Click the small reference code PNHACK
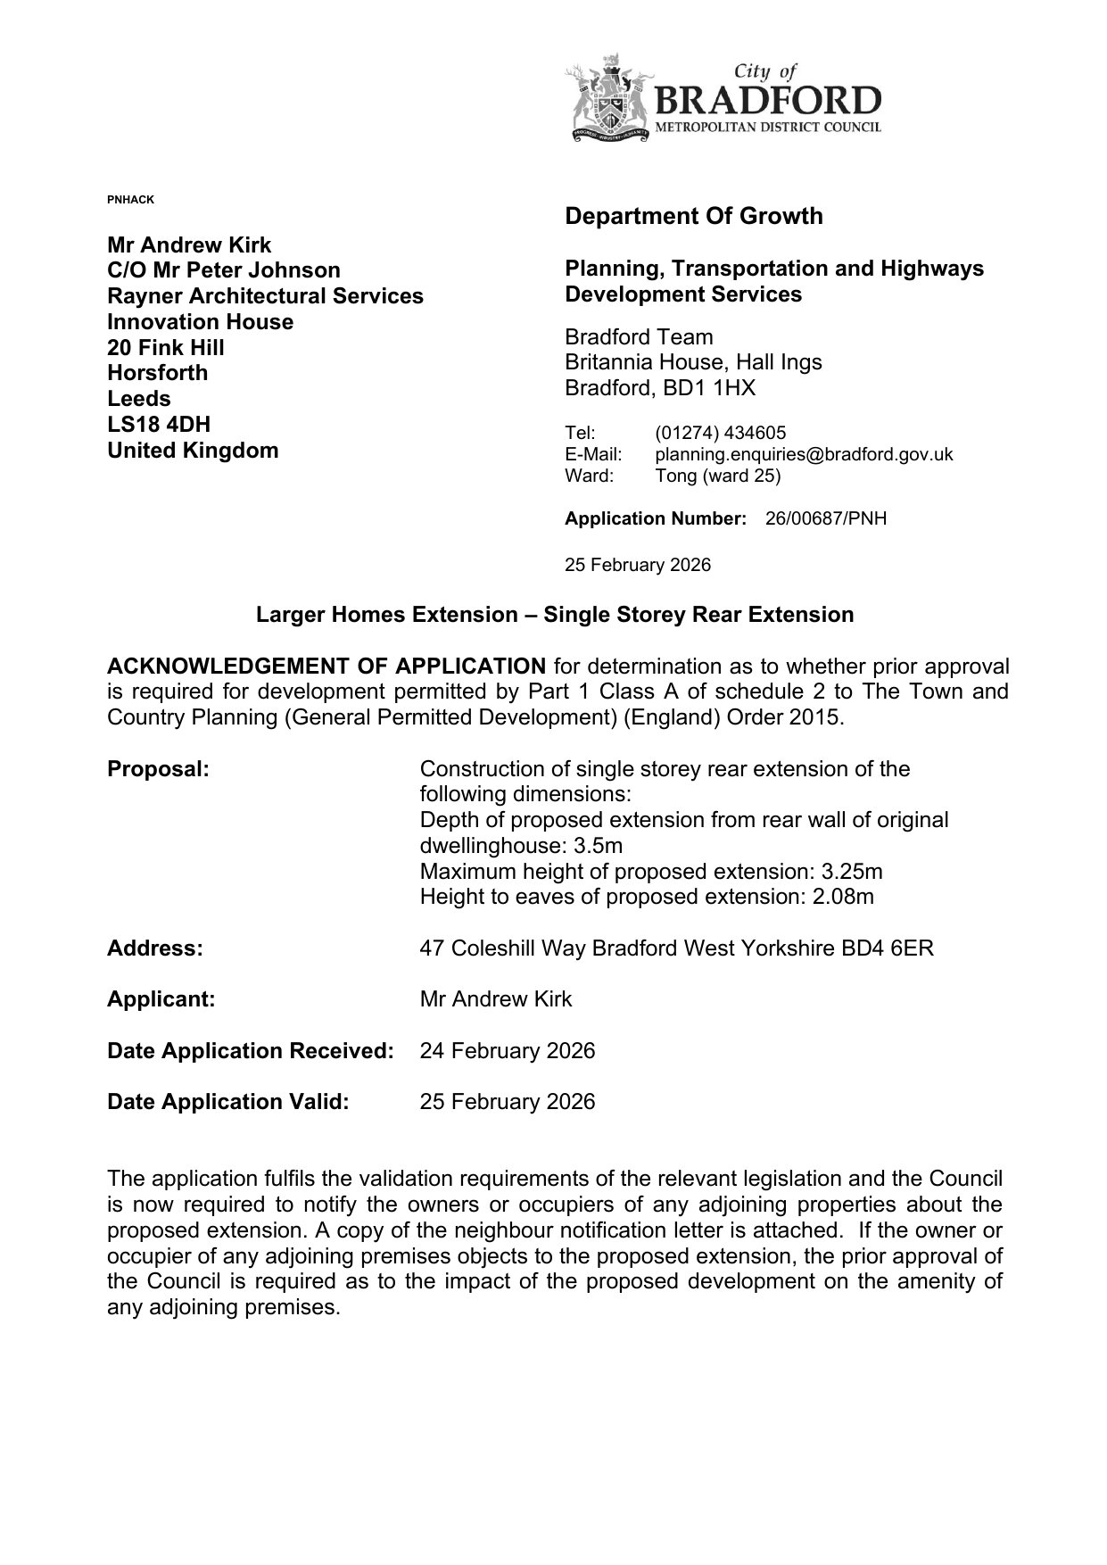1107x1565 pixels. point(130,199)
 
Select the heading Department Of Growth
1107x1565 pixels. point(694,216)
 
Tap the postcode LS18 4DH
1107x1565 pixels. point(159,424)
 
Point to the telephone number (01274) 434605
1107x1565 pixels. point(721,433)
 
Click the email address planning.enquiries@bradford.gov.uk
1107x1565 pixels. point(804,454)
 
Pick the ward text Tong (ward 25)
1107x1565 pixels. point(717,476)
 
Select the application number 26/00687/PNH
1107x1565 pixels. point(826,518)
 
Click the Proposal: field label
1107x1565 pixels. point(158,769)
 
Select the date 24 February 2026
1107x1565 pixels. point(507,1050)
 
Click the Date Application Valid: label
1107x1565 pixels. point(227,1101)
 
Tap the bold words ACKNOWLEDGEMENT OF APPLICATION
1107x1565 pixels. point(326,666)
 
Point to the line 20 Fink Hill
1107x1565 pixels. point(166,347)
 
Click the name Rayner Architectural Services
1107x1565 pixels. point(265,295)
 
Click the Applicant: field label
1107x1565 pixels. point(161,998)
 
